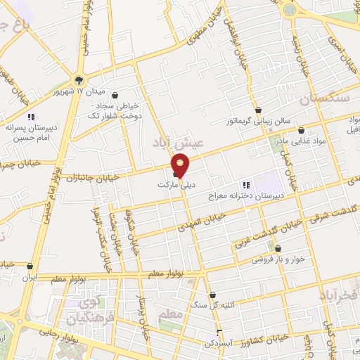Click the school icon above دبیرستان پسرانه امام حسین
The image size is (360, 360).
point(30,117)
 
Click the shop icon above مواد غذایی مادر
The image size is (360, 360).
point(302,130)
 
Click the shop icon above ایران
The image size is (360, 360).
point(29,266)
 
